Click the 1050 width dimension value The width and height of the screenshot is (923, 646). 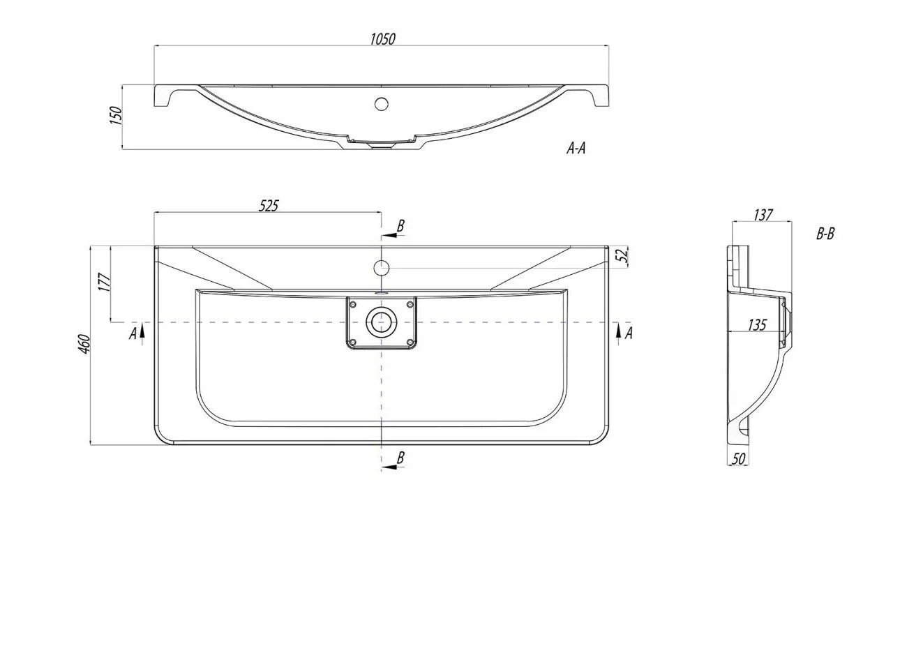click(x=382, y=39)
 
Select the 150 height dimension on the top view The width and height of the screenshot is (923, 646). click(x=116, y=116)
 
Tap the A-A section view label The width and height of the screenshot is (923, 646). click(x=576, y=148)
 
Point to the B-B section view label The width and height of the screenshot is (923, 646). click(x=825, y=234)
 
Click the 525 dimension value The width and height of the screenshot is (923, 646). click(x=269, y=206)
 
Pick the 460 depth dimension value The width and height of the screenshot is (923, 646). click(x=84, y=344)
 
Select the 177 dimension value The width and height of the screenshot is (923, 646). click(x=105, y=283)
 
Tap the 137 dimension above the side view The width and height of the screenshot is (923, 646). click(x=763, y=215)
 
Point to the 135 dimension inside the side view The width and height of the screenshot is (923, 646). click(x=757, y=325)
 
